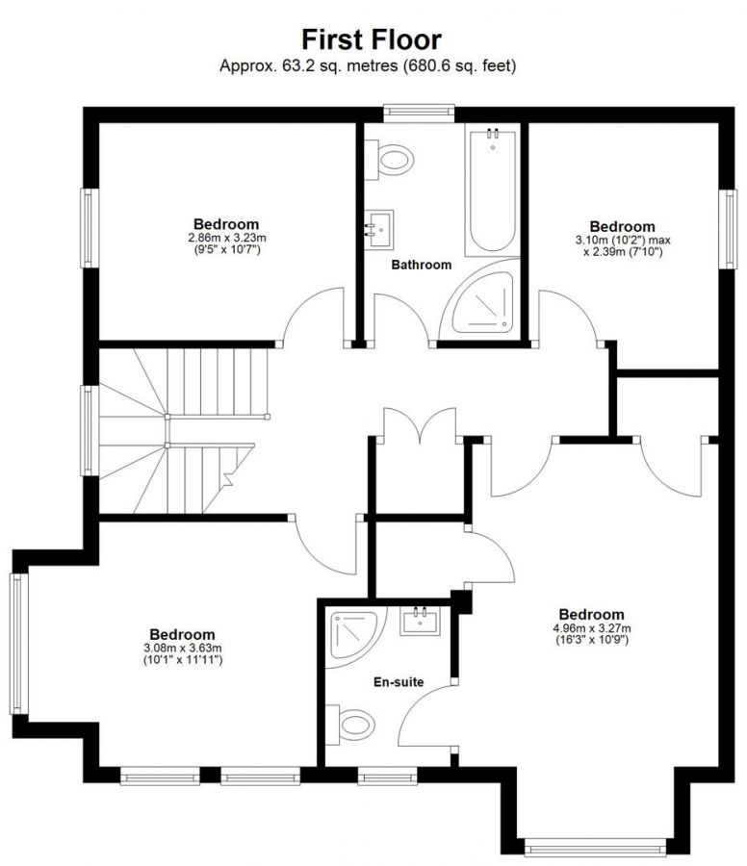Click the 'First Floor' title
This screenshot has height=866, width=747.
pyautogui.click(x=372, y=39)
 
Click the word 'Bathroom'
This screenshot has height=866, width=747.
pyautogui.click(x=421, y=265)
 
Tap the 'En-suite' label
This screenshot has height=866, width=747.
pyautogui.click(x=399, y=682)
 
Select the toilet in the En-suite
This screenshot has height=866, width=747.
pyautogui.click(x=352, y=725)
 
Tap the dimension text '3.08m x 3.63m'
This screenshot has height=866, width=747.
pyautogui.click(x=182, y=649)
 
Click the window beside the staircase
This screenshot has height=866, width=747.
pyautogui.click(x=88, y=430)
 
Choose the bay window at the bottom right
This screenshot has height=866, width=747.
pyautogui.click(x=594, y=847)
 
